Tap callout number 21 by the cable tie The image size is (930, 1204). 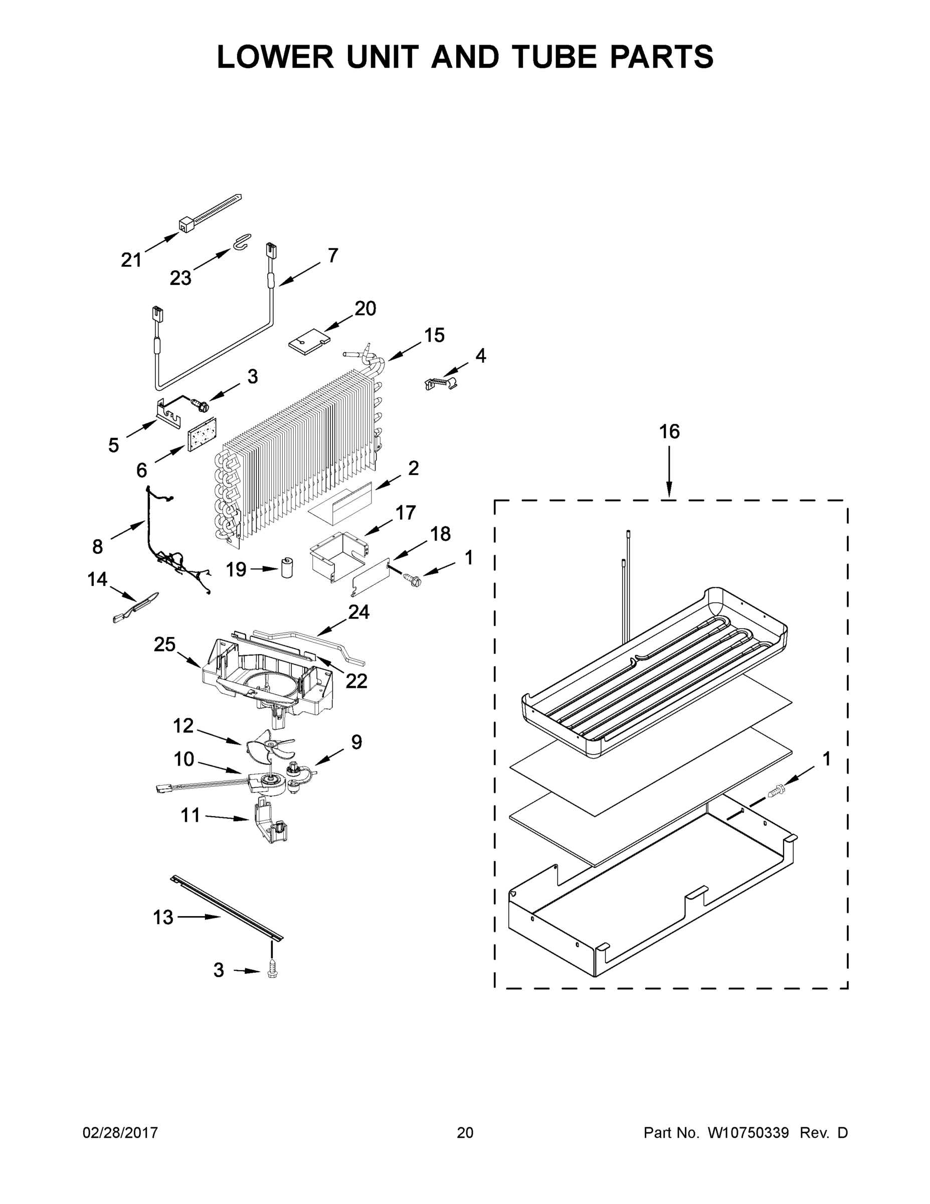click(x=131, y=260)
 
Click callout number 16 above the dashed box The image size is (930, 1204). click(x=669, y=431)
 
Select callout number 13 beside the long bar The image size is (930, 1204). click(x=162, y=918)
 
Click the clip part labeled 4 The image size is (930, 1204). click(x=441, y=383)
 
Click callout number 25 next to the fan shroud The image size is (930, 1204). click(x=164, y=644)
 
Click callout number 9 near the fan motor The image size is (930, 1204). click(x=356, y=742)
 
